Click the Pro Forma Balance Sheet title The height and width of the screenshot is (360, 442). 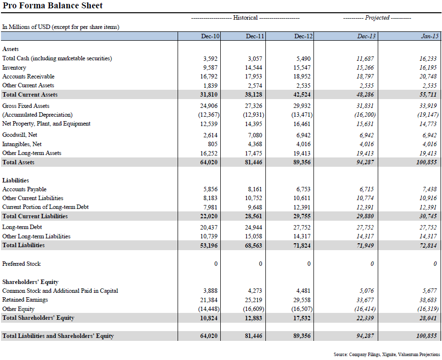click(x=52, y=6)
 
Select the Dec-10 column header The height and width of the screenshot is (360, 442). click(x=210, y=36)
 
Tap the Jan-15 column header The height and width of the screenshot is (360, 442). click(x=430, y=36)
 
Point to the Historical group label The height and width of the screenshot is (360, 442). click(x=245, y=18)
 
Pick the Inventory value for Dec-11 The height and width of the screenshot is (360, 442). click(x=255, y=68)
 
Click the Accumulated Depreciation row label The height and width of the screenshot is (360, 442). click(x=37, y=115)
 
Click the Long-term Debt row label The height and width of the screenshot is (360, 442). click(x=22, y=227)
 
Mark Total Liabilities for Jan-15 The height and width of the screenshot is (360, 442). click(x=427, y=245)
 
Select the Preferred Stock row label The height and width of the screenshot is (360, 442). click(x=22, y=264)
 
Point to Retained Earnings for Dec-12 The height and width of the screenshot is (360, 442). click(x=303, y=300)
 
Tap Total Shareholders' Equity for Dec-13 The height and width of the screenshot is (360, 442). click(x=364, y=318)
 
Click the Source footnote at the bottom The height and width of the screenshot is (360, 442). click(x=387, y=354)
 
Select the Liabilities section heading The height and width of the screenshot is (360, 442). click(x=16, y=180)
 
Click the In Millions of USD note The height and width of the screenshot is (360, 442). click(x=61, y=27)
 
